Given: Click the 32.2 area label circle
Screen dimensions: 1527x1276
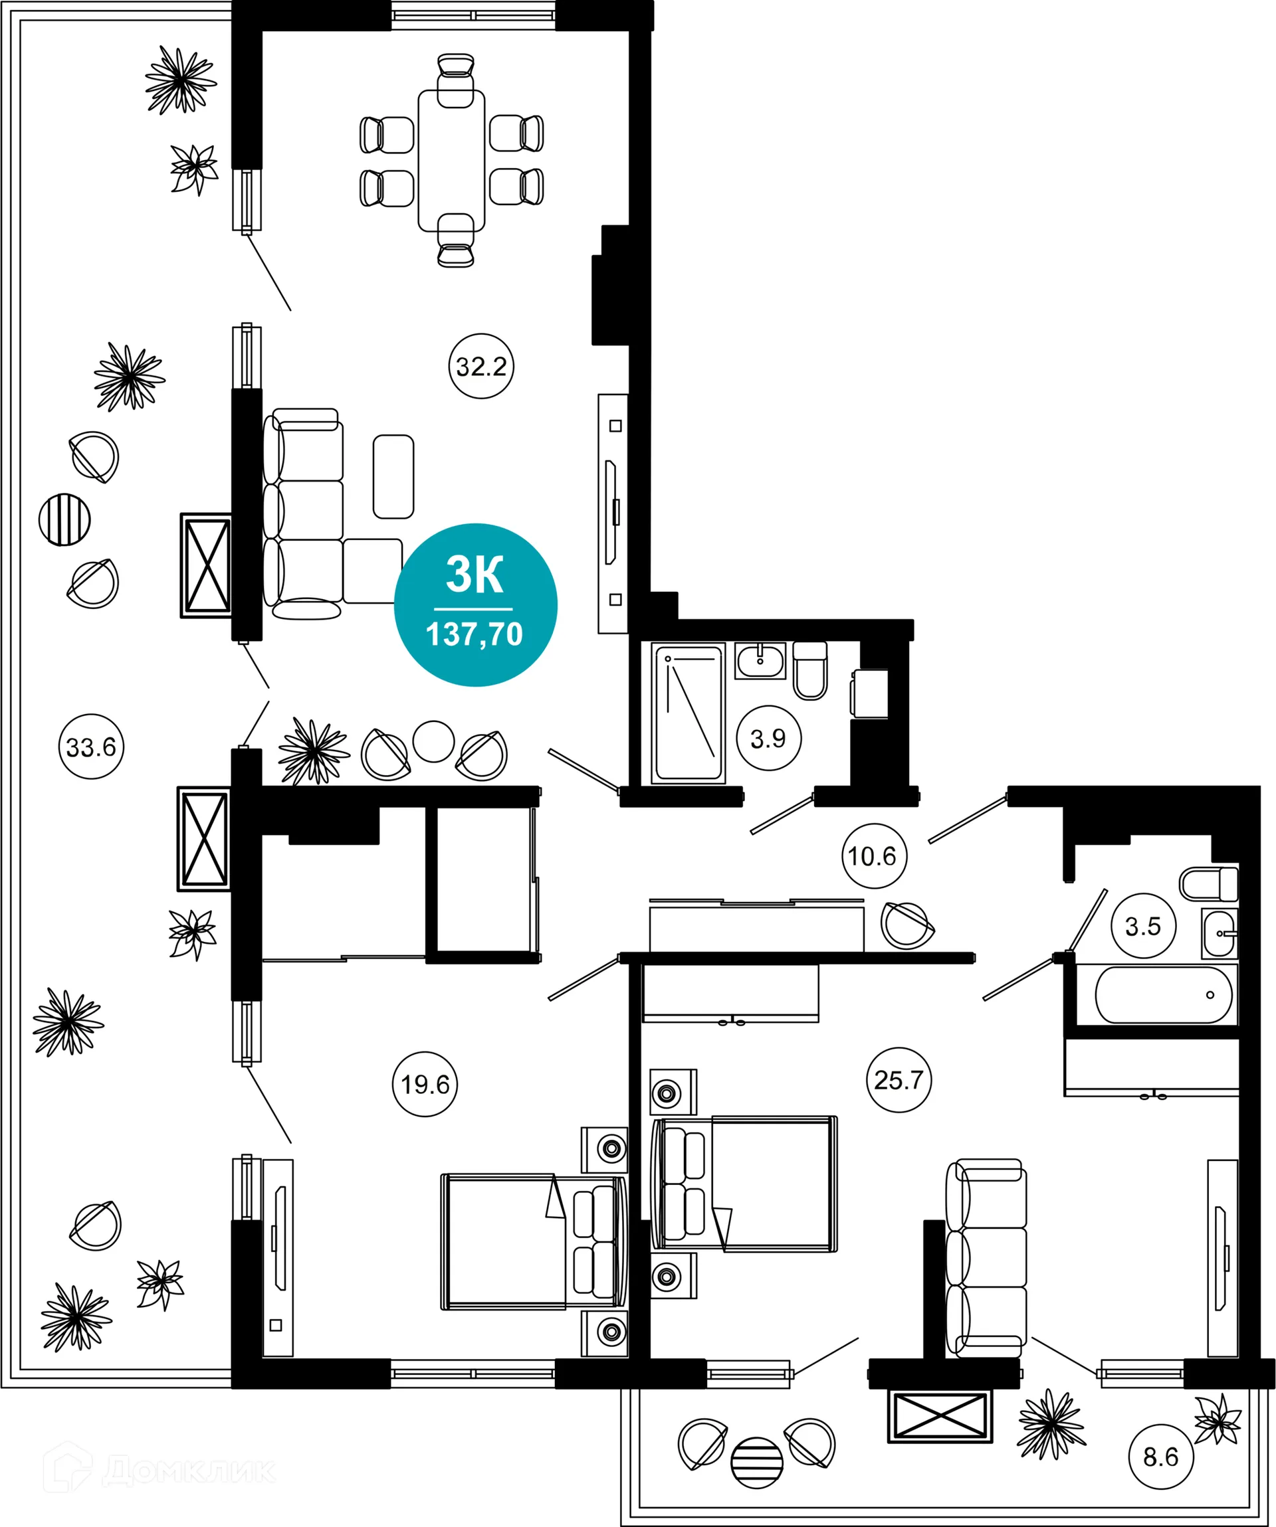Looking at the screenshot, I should coord(481,366).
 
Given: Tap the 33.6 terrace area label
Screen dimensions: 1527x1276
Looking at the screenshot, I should coord(91,747).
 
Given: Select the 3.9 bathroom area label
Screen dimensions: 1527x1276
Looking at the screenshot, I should coord(768,739).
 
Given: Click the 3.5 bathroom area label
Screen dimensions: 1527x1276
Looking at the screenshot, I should coord(1143,927).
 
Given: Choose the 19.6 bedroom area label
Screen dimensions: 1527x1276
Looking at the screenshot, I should coord(424,1084).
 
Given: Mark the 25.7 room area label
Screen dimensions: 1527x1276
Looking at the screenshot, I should coord(899,1080).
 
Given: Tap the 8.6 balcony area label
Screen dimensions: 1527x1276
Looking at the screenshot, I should coord(1160,1457).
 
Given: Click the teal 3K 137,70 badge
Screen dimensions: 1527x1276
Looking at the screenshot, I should coord(475,605).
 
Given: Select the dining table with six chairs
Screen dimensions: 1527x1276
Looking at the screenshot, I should coord(451,160).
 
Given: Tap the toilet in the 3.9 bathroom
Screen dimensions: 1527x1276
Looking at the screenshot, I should coord(809,671).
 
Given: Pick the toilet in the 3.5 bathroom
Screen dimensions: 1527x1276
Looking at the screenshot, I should coord(1207,884).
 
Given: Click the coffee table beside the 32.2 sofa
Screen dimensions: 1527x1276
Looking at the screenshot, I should coord(393,477).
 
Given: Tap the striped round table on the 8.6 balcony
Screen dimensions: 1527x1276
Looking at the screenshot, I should coord(756,1463).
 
